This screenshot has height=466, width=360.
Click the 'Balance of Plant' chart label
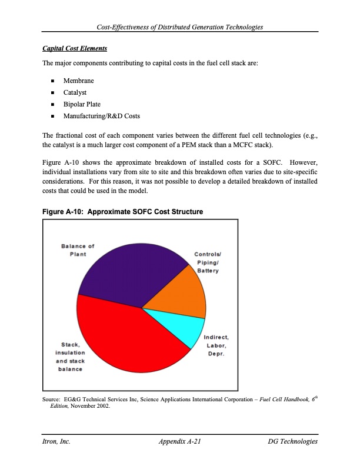coord(78,249)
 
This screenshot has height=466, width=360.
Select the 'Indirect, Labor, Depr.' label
coord(216,345)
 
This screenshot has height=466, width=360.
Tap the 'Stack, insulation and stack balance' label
coord(70,357)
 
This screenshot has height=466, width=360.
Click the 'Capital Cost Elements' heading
coord(75,47)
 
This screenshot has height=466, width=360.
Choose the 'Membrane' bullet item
coord(79,81)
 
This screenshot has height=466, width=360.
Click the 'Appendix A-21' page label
coord(181,441)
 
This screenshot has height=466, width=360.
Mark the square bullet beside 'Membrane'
coord(53,81)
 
